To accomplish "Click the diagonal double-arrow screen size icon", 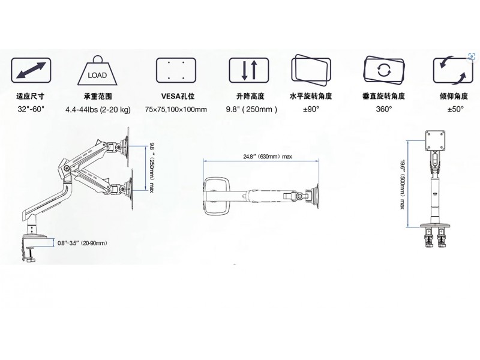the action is click(x=31, y=70).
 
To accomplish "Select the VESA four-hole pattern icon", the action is click(x=176, y=70).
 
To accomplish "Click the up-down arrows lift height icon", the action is click(x=249, y=70).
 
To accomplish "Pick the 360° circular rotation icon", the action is click(x=384, y=70).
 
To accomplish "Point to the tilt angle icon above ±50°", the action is click(x=453, y=70).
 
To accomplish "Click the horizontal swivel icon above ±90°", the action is click(x=311, y=70).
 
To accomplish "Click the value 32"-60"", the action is click(x=31, y=109).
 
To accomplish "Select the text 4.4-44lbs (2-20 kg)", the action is click(x=98, y=110).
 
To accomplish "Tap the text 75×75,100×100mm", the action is click(x=176, y=109).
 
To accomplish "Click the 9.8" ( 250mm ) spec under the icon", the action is click(x=251, y=109).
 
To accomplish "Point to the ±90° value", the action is click(x=311, y=109).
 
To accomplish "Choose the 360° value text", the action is click(x=384, y=109).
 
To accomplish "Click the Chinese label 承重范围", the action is click(x=98, y=96).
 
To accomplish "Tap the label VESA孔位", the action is click(x=178, y=96).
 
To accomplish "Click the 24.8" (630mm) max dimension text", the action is click(x=268, y=157).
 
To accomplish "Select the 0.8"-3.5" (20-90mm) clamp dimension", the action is click(x=82, y=243).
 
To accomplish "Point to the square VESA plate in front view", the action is click(x=435, y=140).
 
